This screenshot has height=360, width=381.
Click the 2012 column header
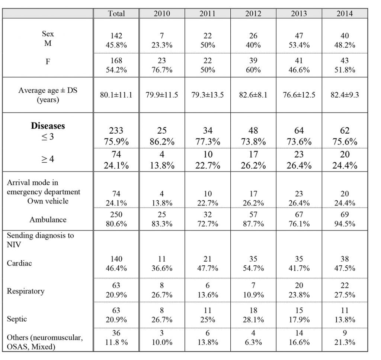pyautogui.click(x=253, y=13)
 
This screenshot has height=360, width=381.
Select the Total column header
pyautogui.click(x=116, y=13)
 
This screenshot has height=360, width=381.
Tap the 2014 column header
pyautogui.click(x=345, y=13)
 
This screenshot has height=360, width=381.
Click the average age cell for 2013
pyautogui.click(x=299, y=95)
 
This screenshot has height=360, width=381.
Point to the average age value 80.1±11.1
pyautogui.click(x=116, y=95)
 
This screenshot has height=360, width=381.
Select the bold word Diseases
pyautogui.click(x=48, y=126)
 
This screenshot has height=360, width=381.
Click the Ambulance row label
pyautogui.click(x=48, y=220)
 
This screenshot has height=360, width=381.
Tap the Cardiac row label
pyautogui.click(x=19, y=263)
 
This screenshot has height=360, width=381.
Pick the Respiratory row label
pyautogui.click(x=26, y=291)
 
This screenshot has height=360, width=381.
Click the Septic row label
pyautogui.click(x=17, y=319)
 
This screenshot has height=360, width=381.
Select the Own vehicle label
pyautogui.click(x=48, y=201)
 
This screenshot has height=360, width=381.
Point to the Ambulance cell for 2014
pyautogui.click(x=345, y=219)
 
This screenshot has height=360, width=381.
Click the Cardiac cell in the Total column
pyautogui.click(x=116, y=264)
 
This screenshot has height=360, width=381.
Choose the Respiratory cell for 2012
pyautogui.click(x=253, y=290)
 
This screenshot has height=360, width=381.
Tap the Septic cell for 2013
pyautogui.click(x=299, y=315)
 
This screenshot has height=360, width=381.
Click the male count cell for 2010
pyautogui.click(x=162, y=40)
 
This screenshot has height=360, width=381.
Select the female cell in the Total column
pyautogui.click(x=116, y=65)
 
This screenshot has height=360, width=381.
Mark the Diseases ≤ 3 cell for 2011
pyautogui.click(x=208, y=136)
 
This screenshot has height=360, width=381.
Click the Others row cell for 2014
pyautogui.click(x=345, y=337)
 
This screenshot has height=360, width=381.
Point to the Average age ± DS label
pyautogui.click(x=48, y=95)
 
